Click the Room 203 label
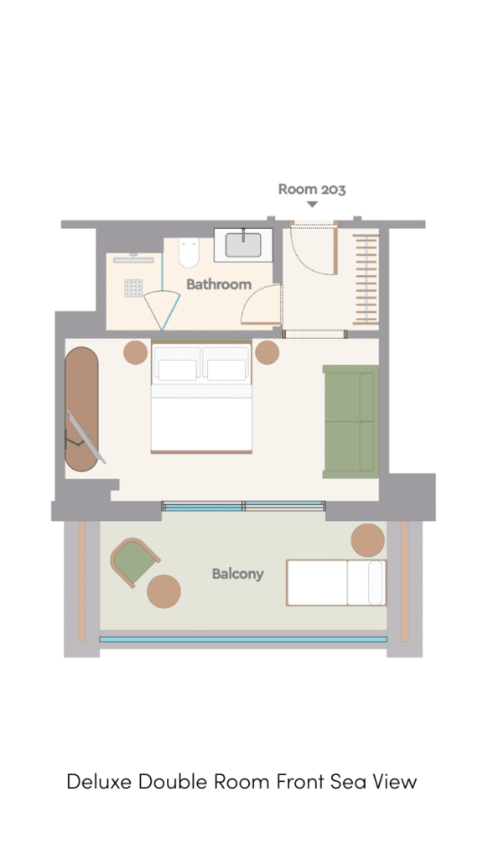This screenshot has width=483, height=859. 312,189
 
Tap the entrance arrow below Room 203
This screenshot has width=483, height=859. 312,205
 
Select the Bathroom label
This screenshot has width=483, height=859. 219,284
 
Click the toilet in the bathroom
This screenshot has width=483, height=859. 189,252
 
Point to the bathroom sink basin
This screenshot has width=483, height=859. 243,245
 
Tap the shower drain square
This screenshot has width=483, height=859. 133,289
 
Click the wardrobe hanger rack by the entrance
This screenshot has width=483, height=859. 366,279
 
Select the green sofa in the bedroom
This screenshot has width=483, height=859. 351,421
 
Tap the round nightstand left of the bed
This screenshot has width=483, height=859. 135,352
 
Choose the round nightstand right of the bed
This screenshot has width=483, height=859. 267,352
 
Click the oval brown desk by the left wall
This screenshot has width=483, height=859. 82,409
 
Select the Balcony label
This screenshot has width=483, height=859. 237,574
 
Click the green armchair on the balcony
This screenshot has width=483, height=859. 134,562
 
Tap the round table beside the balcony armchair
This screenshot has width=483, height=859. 164,591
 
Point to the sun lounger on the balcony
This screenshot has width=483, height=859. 336,582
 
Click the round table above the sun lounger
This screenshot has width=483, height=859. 367,540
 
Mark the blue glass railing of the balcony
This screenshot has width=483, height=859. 243,638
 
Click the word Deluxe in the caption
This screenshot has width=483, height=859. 99,781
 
